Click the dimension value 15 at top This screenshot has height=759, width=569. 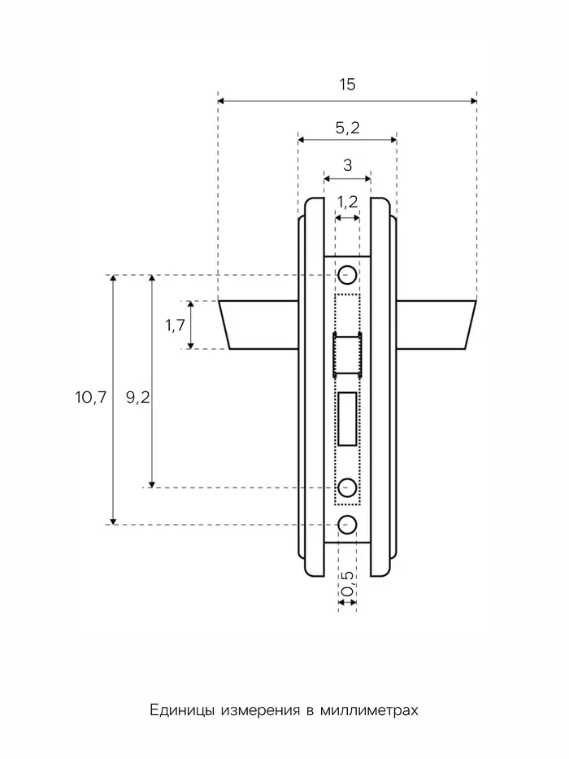coord(347,85)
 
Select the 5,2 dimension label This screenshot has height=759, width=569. coord(347,128)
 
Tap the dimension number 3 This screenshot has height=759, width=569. coord(347,165)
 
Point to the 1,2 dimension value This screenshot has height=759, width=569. coord(347,202)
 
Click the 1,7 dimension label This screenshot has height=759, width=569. coord(175,325)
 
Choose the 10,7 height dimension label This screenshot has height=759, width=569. coord(90,398)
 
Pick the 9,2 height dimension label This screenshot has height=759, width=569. coord(138,398)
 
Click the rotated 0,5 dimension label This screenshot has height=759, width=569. coord(347,584)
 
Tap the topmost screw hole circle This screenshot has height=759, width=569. coord(347,275)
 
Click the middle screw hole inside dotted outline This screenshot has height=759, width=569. coord(347,487)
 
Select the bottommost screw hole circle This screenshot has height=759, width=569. coord(347,525)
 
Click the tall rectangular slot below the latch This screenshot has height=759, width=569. coord(348,419)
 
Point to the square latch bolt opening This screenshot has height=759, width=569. coord(347,355)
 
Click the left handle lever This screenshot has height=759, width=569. coord(258,325)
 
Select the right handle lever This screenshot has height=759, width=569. coord(437,325)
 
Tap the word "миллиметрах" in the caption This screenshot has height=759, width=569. coord(369,710)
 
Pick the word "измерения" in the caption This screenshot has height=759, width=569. coord(260,710)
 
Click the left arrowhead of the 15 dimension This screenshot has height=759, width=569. coord(220,101)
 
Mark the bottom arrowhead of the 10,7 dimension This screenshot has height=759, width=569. coord(113,521)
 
